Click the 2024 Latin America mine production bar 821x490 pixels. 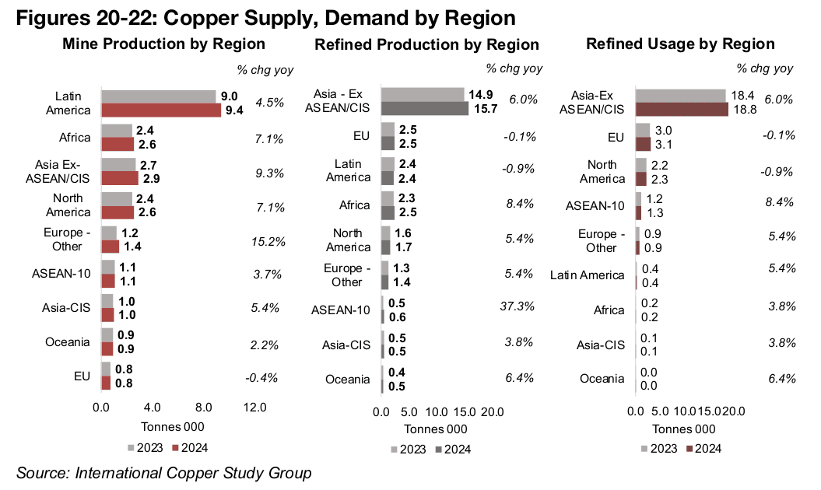coord(161,110)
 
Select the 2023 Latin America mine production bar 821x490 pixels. coord(158,96)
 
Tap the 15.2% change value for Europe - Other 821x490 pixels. coord(260,240)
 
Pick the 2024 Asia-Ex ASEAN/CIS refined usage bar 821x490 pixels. coord(682,109)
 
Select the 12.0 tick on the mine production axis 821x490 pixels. coord(254,407)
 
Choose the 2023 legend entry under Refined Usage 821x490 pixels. coord(658,448)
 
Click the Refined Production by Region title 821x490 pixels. coord(426,44)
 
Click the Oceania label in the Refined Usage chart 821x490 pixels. coord(602,379)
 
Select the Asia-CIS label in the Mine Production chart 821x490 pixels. coord(66,307)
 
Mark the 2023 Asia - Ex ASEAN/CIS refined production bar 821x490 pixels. coord(422,95)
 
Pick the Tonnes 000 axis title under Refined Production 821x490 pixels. coord(435,429)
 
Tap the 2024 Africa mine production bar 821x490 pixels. coord(118,145)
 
